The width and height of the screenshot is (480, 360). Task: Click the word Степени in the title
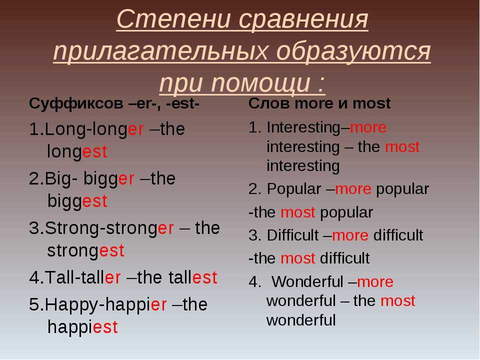[x=173, y=19]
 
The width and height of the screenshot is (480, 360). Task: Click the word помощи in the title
[x=260, y=83]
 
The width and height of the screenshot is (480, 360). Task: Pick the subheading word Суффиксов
[x=76, y=103]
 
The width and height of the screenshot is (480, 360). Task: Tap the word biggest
[x=77, y=201]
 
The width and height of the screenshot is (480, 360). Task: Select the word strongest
[x=85, y=251]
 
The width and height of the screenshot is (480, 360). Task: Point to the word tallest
[x=193, y=277]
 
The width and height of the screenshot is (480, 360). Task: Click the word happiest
[x=82, y=327]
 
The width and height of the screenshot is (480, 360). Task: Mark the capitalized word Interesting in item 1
[x=303, y=127]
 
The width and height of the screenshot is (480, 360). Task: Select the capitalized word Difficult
[x=292, y=235]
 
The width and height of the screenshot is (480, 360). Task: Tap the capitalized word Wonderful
[x=307, y=281]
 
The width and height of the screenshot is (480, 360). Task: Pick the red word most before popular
[x=298, y=213]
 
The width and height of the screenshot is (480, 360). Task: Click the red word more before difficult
[x=350, y=235]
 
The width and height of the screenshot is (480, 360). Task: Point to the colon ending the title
[x=321, y=84]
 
